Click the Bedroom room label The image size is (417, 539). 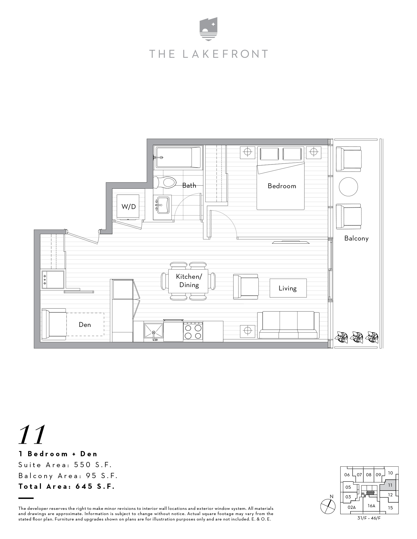[282, 186]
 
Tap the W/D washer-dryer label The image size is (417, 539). [129, 207]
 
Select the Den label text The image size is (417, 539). [85, 325]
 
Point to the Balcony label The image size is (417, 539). [356, 238]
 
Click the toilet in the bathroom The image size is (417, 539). [165, 182]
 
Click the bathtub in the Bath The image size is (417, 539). [178, 157]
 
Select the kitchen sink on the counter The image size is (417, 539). [154, 331]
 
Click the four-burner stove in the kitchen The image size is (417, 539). [193, 331]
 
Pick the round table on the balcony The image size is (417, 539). [348, 187]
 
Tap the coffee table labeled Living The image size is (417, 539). [288, 288]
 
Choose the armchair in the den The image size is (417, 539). [54, 325]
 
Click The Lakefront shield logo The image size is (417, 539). [208, 29]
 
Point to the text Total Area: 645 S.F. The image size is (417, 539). [67, 486]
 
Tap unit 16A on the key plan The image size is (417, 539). [371, 506]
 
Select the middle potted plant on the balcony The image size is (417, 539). [356, 337]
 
